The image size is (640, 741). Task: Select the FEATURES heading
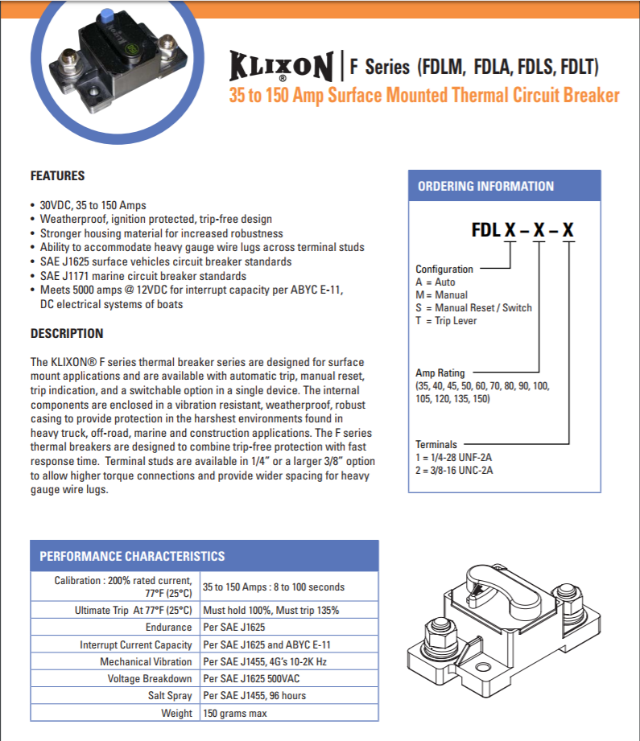(x=57, y=176)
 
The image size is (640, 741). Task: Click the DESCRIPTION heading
(x=67, y=333)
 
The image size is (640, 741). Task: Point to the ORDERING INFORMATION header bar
(x=505, y=186)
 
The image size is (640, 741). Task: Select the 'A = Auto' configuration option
(x=435, y=282)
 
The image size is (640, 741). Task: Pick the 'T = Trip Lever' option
(x=446, y=321)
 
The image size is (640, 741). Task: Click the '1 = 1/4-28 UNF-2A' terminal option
(x=454, y=457)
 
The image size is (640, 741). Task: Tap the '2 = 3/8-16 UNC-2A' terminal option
(x=454, y=470)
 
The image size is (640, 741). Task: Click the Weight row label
(x=176, y=713)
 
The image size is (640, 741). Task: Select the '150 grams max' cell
(x=235, y=713)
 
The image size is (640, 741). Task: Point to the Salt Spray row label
(x=169, y=695)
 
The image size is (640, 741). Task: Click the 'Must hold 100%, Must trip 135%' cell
(x=271, y=610)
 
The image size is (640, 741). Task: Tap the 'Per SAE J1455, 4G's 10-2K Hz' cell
(x=265, y=661)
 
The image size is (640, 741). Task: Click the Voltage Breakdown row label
(x=150, y=678)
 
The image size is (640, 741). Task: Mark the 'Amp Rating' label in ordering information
(x=440, y=373)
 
